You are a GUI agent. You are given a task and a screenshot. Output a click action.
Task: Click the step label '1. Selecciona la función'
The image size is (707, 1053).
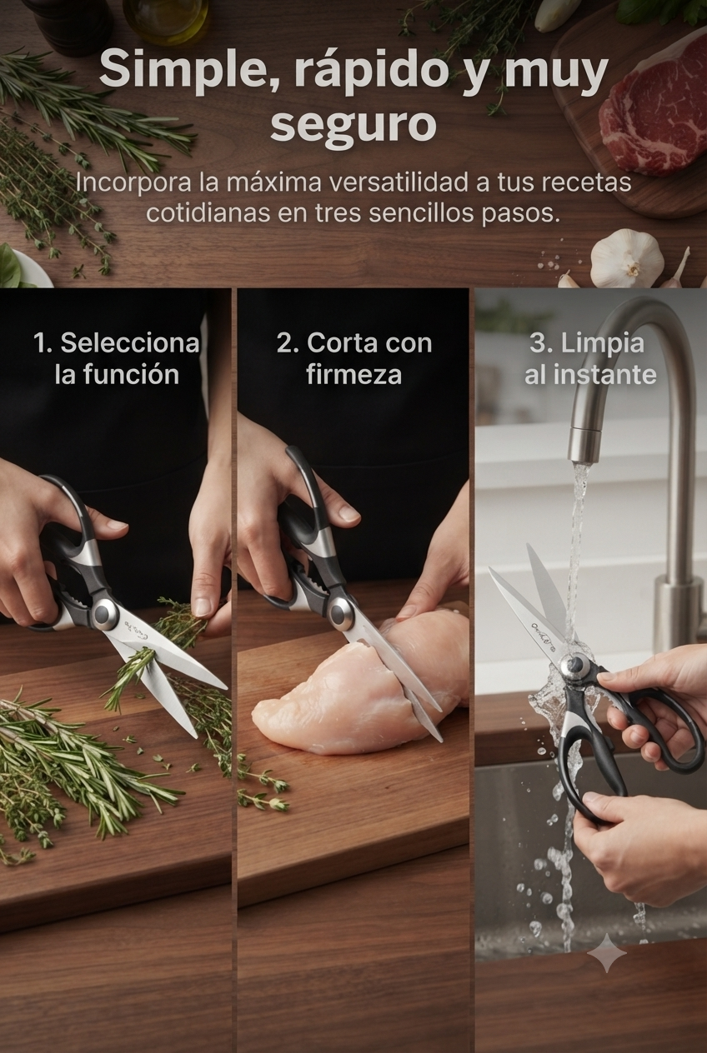117,359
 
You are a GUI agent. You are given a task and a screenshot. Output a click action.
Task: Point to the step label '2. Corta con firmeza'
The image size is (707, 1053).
353,359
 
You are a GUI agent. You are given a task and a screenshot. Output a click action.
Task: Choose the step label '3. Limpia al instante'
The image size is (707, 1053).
590,359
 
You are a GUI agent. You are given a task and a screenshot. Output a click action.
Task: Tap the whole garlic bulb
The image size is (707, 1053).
627,257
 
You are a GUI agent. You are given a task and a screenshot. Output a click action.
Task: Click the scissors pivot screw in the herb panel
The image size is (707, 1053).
103,612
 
